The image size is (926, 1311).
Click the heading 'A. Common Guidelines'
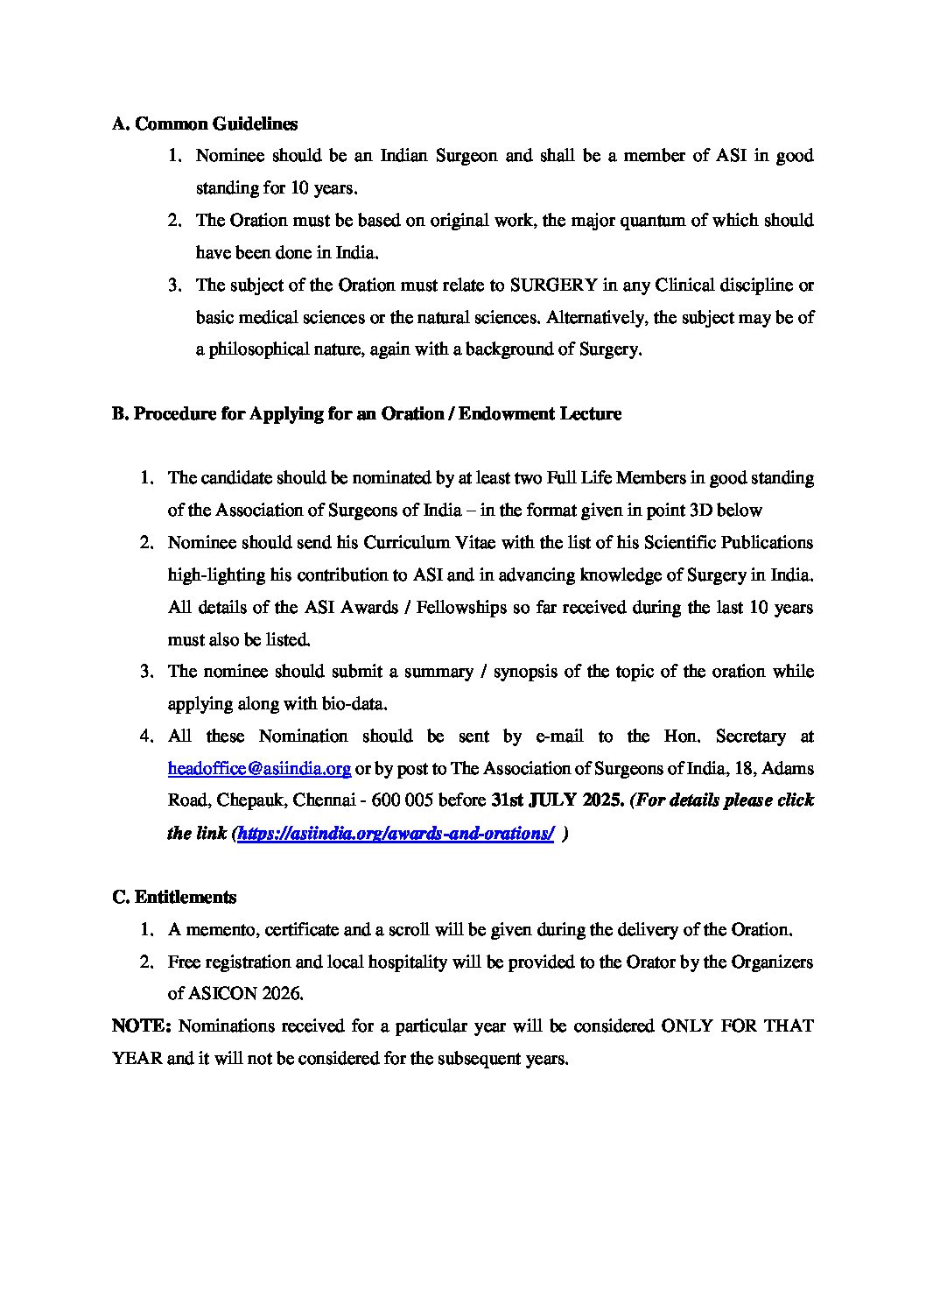pos(205,124)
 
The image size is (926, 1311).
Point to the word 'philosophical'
pos(257,349)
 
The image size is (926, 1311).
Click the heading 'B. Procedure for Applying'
pos(367,414)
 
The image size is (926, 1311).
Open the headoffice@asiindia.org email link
pos(259,769)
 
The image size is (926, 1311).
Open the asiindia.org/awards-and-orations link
pos(396,834)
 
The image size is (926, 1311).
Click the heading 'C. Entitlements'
pos(174,898)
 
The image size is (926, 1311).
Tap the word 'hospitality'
pos(403,962)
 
